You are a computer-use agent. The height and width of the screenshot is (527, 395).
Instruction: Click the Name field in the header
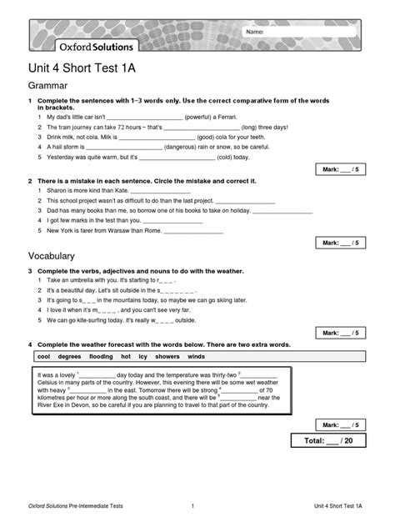pyautogui.click(x=301, y=32)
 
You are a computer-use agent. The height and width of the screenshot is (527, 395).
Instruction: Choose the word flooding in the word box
pyautogui.click(x=101, y=356)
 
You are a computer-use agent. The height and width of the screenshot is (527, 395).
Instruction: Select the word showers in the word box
pyautogui.click(x=167, y=356)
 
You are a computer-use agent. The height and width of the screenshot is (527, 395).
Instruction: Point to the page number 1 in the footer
pyautogui.click(x=192, y=506)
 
